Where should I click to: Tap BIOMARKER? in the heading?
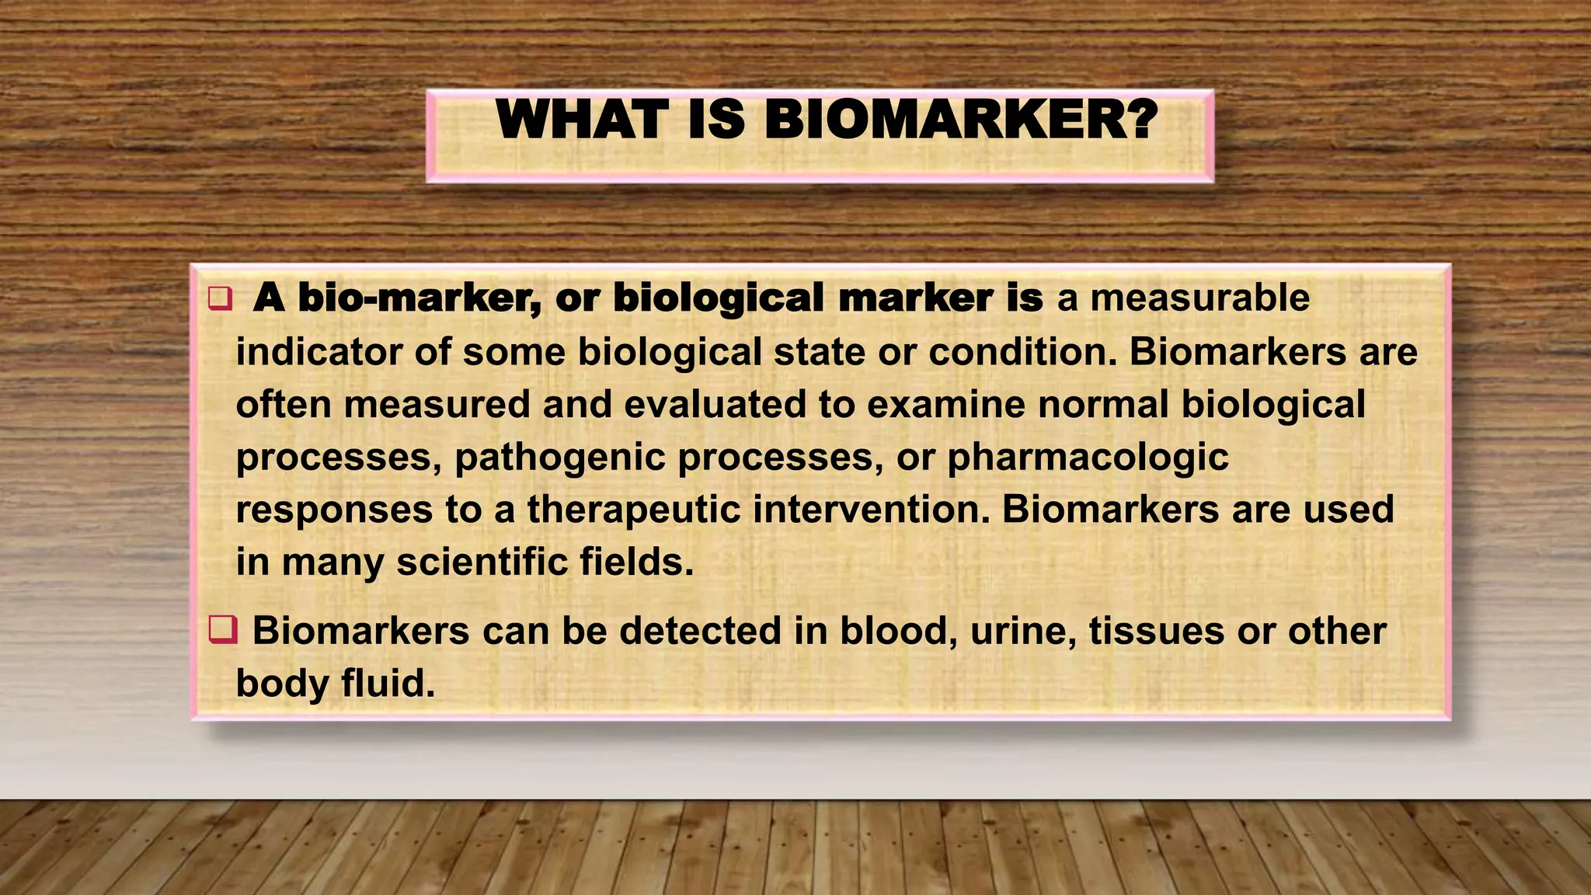961,120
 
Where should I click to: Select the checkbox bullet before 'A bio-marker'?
220,299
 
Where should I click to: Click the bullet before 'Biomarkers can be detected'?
222,629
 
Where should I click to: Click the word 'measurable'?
1199,298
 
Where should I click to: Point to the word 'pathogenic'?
560,458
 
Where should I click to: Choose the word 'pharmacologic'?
1088,458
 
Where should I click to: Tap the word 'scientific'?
471,562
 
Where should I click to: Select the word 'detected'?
700,631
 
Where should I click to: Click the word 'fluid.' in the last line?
388,684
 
